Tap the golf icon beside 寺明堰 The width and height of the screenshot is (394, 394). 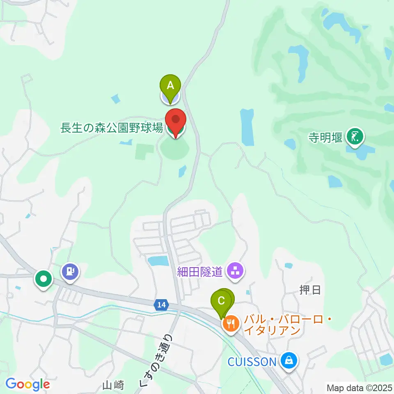point(355,137)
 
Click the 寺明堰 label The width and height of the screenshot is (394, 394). point(325,137)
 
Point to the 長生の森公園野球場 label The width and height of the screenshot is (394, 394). point(112,128)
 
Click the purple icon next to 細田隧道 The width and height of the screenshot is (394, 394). point(235,271)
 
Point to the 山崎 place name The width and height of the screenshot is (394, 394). point(113,385)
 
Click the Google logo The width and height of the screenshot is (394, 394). point(27,384)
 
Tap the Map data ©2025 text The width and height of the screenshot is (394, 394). point(360,387)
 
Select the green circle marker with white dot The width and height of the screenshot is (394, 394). point(44,279)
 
